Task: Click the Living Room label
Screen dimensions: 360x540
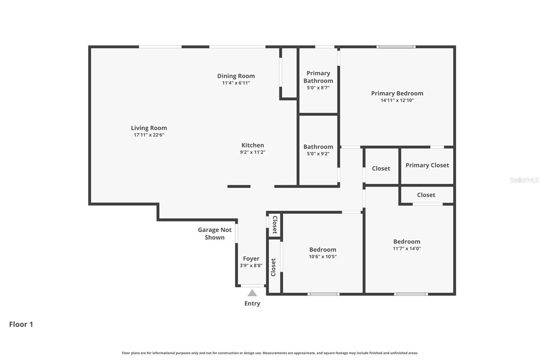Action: point(149,128)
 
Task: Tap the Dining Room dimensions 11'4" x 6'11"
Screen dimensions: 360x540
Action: point(236,83)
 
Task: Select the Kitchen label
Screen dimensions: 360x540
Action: point(252,145)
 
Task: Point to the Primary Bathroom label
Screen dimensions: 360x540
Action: point(318,77)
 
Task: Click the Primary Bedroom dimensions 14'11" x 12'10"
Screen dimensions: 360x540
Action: point(397,100)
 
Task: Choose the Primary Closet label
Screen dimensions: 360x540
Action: point(427,165)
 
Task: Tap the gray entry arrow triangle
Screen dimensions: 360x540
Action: point(252,293)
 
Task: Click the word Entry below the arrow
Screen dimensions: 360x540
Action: point(252,303)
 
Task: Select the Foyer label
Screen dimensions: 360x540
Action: point(251,259)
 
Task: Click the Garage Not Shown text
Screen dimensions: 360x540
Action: point(215,233)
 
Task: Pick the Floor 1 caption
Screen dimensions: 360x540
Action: point(21,324)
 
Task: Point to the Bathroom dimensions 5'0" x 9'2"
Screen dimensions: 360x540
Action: point(318,154)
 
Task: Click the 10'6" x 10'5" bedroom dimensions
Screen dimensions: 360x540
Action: point(323,257)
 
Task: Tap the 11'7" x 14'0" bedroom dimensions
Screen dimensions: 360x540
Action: point(407,249)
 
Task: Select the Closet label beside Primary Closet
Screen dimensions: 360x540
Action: point(381,168)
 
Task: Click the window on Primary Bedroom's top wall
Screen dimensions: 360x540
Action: point(396,47)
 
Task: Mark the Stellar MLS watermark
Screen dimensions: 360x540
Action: point(524,180)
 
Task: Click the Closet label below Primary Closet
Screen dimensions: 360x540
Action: point(426,195)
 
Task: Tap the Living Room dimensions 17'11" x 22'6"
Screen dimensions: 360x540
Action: point(149,135)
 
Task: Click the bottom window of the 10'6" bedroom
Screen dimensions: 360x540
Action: point(323,294)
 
